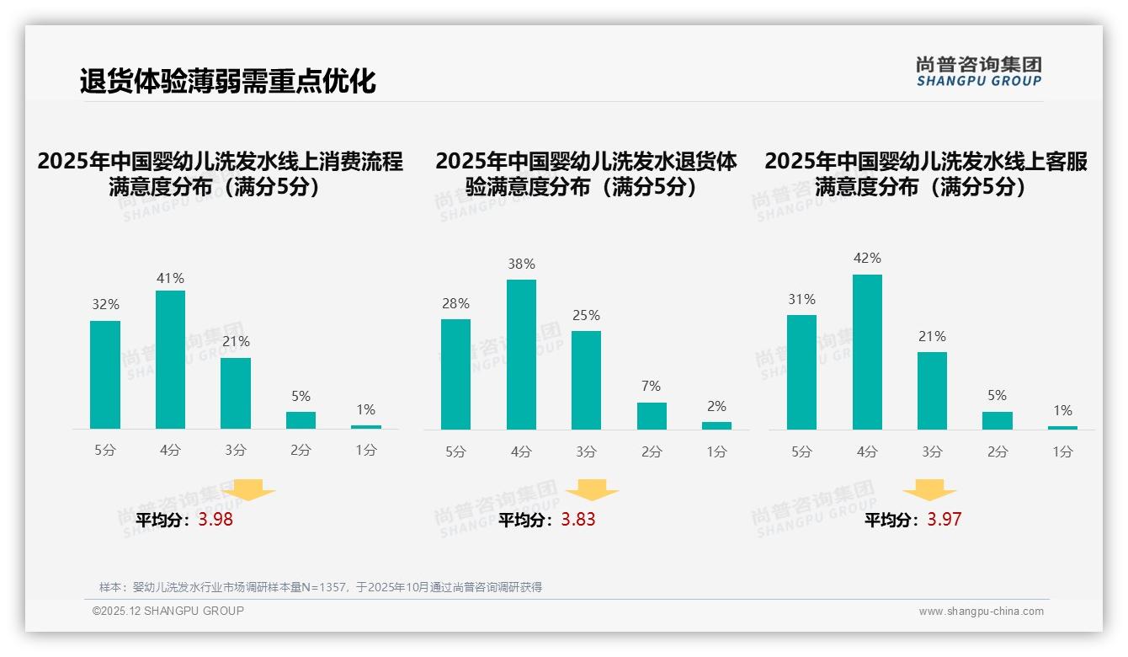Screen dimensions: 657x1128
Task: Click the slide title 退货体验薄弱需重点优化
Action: point(227,82)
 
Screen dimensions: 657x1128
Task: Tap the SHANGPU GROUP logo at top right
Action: point(978,72)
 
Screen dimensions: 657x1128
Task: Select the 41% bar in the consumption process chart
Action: point(170,360)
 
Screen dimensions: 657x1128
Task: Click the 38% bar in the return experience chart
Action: point(521,355)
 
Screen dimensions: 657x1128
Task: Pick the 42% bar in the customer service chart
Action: point(867,352)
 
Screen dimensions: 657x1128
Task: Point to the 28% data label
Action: point(455,303)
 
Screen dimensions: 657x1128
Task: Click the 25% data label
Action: point(586,315)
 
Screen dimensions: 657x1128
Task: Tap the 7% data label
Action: point(651,386)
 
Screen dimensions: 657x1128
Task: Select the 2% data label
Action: point(716,406)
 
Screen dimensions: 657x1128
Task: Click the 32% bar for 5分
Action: point(105,375)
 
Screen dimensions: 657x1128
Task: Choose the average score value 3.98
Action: point(215,520)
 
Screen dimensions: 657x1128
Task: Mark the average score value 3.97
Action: point(944,520)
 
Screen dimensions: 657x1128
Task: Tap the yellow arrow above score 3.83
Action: point(592,490)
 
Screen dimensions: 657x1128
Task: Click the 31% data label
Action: point(801,299)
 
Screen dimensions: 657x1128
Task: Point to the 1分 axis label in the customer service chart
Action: point(1062,451)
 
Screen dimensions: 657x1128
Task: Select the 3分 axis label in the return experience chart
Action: point(586,451)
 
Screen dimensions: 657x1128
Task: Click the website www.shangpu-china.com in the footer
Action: point(981,612)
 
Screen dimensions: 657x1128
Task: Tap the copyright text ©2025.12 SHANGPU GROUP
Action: point(168,611)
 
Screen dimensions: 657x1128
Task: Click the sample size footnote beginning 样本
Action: point(320,587)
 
